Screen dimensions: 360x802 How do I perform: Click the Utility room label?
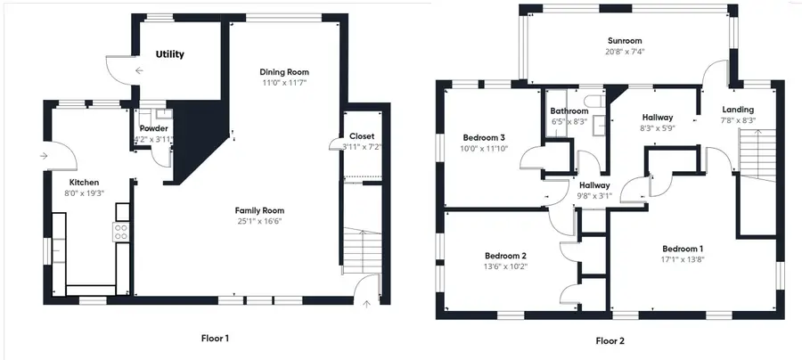click(169, 54)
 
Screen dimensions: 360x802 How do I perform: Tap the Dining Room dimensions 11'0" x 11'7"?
click(284, 84)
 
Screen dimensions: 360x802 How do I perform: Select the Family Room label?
click(259, 210)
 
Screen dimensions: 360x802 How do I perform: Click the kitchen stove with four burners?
click(122, 232)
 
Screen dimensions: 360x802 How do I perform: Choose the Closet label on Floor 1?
click(362, 136)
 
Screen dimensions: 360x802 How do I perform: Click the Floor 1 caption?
click(214, 338)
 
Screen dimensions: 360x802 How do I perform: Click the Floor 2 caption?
click(610, 340)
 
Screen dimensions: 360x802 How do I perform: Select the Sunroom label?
click(625, 41)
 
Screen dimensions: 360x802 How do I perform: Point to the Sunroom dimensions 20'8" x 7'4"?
click(625, 52)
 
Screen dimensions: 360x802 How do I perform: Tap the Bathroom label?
click(569, 111)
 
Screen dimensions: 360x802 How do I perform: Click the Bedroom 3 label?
click(484, 137)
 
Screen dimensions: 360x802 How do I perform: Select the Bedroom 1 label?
click(683, 248)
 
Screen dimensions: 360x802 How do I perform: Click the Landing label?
click(738, 110)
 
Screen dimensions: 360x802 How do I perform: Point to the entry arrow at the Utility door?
click(139, 70)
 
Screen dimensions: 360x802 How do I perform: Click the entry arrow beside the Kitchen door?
click(45, 157)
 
